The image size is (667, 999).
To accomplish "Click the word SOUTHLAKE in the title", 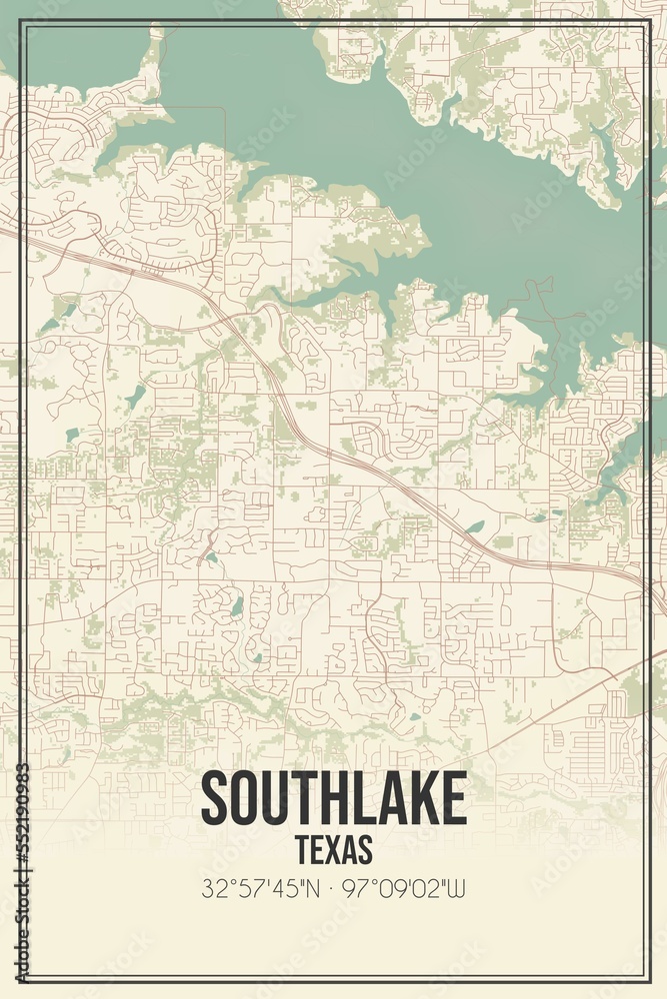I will [334, 798].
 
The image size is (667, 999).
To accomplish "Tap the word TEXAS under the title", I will [334, 849].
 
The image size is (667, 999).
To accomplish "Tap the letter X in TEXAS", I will [335, 849].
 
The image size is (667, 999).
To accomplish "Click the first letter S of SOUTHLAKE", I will [214, 798].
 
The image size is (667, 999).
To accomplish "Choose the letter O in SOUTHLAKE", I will [243, 798].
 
